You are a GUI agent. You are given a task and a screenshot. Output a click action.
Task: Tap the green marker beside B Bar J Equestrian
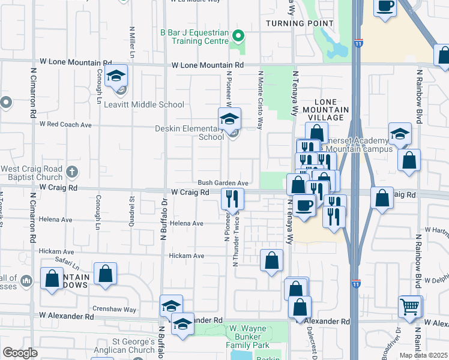[x=238, y=36]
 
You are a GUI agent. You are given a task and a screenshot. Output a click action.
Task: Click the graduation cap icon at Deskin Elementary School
[x=229, y=119]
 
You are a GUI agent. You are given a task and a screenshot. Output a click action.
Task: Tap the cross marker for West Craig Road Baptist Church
[x=71, y=172]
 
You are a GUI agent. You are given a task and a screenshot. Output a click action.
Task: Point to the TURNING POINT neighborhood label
[x=300, y=23]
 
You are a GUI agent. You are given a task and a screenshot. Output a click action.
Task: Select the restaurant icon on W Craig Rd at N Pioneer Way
[x=232, y=198]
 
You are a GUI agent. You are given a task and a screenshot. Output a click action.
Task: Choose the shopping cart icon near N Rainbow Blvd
[x=410, y=307]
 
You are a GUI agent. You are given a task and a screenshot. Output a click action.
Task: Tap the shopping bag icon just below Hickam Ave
[x=271, y=260]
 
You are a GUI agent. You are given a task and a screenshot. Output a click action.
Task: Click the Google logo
[x=20, y=353]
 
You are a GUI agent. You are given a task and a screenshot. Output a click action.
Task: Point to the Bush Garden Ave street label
[x=223, y=182]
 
